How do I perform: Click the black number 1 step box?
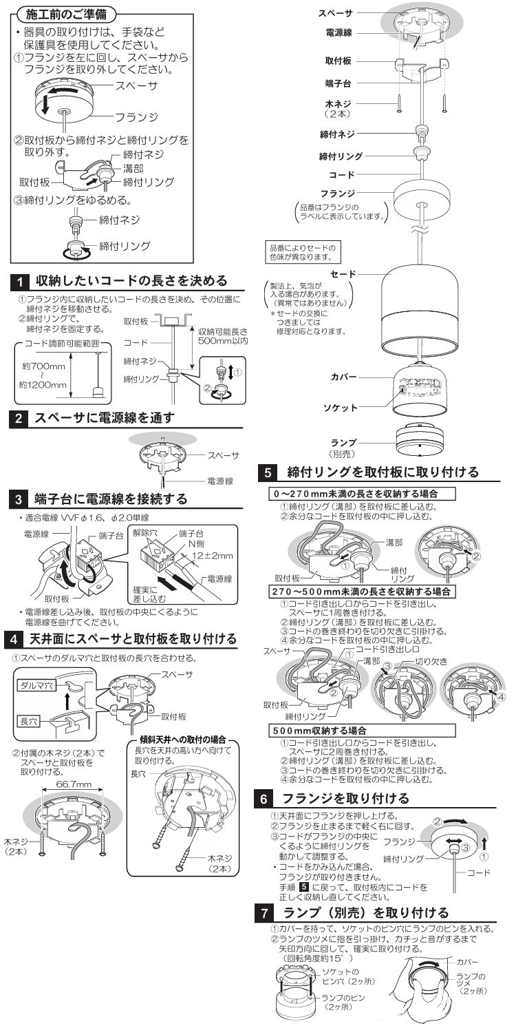tap(23, 281)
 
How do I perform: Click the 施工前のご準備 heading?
tap(66, 14)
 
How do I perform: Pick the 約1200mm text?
tap(39, 385)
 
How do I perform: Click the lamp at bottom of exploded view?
tap(420, 439)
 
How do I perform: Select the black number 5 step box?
tap(267, 473)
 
